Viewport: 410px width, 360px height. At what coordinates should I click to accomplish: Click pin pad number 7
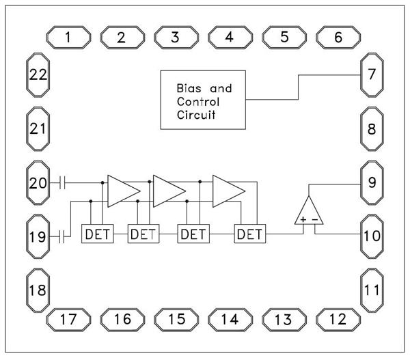[x=371, y=73]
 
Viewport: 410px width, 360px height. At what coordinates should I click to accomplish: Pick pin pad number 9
[x=371, y=182]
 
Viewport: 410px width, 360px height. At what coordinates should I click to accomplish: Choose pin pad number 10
[x=371, y=236]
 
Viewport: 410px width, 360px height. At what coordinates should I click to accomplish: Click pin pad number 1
[x=68, y=37]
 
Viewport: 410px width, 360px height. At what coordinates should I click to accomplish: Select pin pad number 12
[x=338, y=318]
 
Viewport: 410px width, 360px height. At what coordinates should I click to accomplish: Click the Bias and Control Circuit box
[x=202, y=99]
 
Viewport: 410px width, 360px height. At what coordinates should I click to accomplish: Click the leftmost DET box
[x=96, y=234]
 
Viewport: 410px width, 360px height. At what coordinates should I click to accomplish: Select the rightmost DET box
[x=249, y=234]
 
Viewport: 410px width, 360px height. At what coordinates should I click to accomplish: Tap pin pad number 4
[x=230, y=37]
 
